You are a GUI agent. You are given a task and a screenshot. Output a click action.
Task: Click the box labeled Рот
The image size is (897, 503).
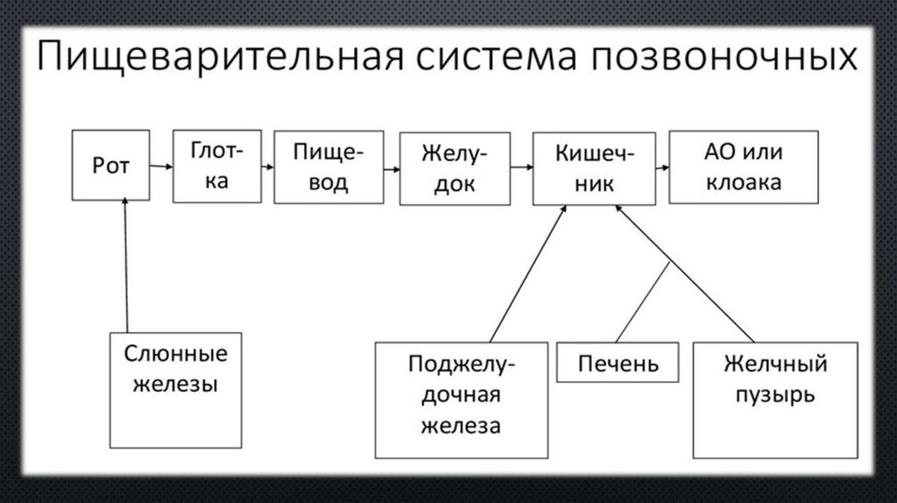click(109, 165)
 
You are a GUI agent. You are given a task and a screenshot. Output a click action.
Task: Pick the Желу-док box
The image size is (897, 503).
click(453, 168)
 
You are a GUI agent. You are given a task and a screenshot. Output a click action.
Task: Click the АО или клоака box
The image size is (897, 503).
click(742, 167)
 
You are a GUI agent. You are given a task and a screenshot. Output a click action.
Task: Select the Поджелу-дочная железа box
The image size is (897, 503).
click(461, 399)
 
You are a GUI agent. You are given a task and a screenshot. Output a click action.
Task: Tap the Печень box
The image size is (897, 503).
click(618, 362)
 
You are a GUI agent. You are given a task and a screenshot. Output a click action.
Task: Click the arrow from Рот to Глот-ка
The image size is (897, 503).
click(160, 165)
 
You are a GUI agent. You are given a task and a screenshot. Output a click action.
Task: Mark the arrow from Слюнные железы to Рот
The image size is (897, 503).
click(126, 263)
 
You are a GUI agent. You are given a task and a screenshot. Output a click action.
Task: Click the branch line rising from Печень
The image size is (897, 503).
click(643, 301)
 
